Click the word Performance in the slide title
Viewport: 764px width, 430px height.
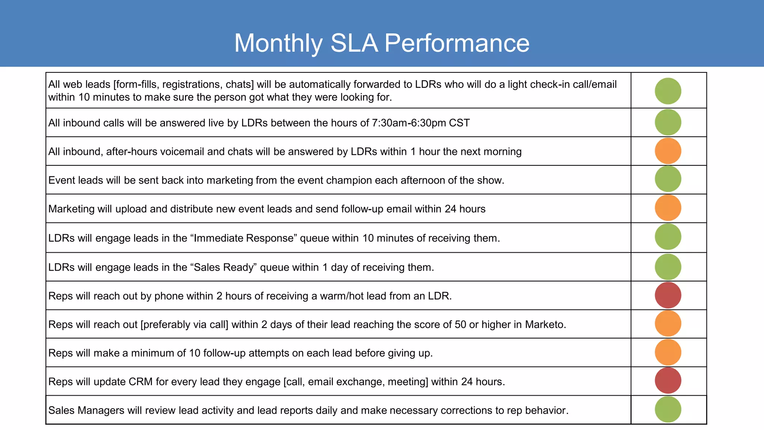pos(457,43)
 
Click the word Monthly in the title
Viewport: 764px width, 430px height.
pos(278,43)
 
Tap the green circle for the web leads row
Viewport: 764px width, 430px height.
pos(668,91)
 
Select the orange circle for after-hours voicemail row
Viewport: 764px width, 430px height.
pos(668,151)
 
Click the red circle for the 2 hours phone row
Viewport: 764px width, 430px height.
pos(668,295)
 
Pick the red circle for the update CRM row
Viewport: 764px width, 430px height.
pos(668,381)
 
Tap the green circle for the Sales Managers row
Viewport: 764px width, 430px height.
pos(668,409)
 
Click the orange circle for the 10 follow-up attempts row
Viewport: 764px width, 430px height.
pos(668,352)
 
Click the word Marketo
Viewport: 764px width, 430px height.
pos(545,324)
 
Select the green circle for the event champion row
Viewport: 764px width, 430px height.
pos(668,179)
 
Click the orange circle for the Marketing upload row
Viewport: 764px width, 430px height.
pos(668,208)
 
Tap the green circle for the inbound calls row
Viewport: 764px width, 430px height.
pos(668,122)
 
